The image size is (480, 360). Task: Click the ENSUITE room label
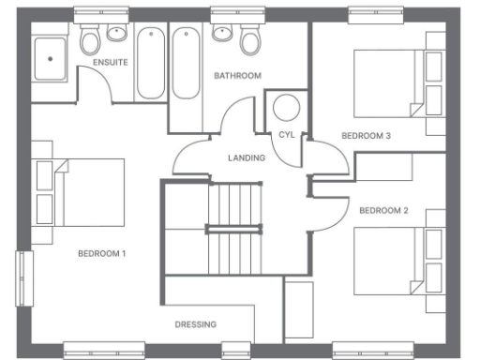[110, 62]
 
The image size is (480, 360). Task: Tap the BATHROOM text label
[237, 75]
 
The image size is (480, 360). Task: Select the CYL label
[287, 135]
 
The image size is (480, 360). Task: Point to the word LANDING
[247, 157]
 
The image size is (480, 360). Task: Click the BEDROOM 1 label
[101, 254]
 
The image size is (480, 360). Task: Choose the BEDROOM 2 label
[383, 210]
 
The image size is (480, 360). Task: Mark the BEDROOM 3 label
[366, 136]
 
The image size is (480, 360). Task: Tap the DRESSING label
[196, 324]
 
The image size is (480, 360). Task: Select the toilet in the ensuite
[90, 39]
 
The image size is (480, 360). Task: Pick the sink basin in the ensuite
[116, 34]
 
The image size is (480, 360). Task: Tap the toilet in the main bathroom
[249, 39]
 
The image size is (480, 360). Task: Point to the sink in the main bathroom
[223, 34]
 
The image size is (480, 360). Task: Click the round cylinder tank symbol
[285, 107]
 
